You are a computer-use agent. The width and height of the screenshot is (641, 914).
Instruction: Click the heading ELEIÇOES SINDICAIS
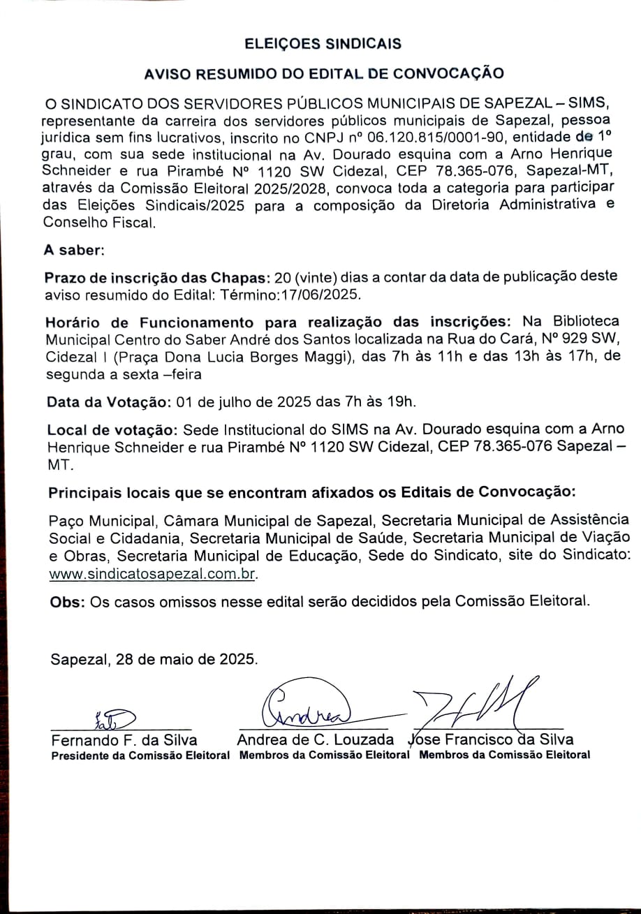click(323, 44)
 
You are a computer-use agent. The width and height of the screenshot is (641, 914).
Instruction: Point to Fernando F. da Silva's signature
click(114, 717)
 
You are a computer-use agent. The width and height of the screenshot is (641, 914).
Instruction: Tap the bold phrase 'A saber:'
click(74, 249)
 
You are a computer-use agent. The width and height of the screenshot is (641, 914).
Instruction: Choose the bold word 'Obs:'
click(68, 603)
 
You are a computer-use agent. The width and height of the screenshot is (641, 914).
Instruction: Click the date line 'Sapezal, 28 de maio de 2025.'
click(154, 659)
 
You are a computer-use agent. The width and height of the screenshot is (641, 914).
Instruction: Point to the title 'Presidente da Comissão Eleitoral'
click(140, 755)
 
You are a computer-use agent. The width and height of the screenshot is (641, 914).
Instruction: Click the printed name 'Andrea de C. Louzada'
click(316, 739)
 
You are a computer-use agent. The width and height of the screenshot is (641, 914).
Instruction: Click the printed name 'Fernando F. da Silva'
click(124, 739)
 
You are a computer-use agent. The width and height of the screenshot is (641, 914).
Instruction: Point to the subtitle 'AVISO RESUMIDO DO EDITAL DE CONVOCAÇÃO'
click(323, 73)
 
